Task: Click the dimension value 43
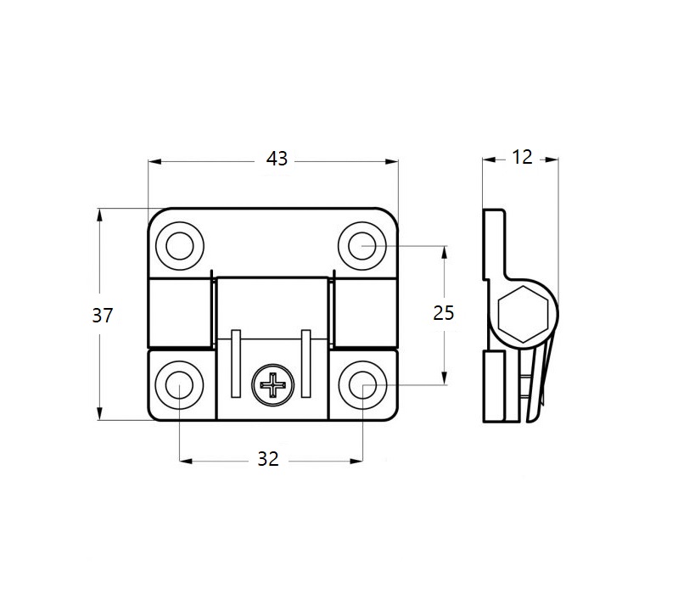pos(277,158)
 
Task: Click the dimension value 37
pos(103,315)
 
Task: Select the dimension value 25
pos(444,312)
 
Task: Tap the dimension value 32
pos(268,459)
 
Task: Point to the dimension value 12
pos(522,157)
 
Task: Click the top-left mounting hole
pos(179,246)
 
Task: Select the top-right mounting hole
pos(362,246)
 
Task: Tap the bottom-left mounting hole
pos(179,385)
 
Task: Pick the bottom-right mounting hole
pos(362,385)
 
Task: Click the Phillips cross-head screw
pos(275,387)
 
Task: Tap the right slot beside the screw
pos(305,362)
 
